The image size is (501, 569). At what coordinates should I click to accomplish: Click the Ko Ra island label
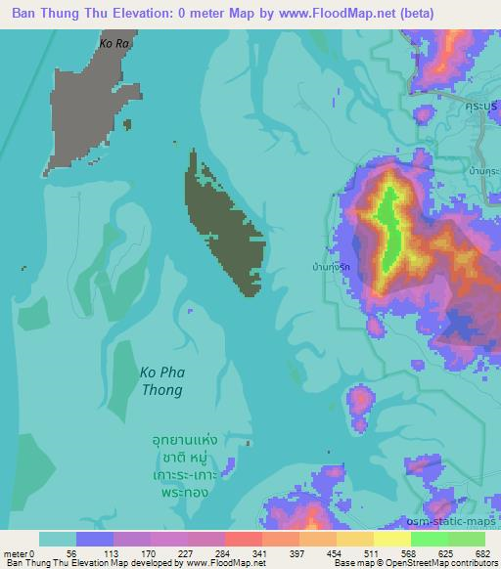tap(114, 44)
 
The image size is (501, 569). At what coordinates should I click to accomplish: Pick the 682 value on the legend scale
tap(485, 553)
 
